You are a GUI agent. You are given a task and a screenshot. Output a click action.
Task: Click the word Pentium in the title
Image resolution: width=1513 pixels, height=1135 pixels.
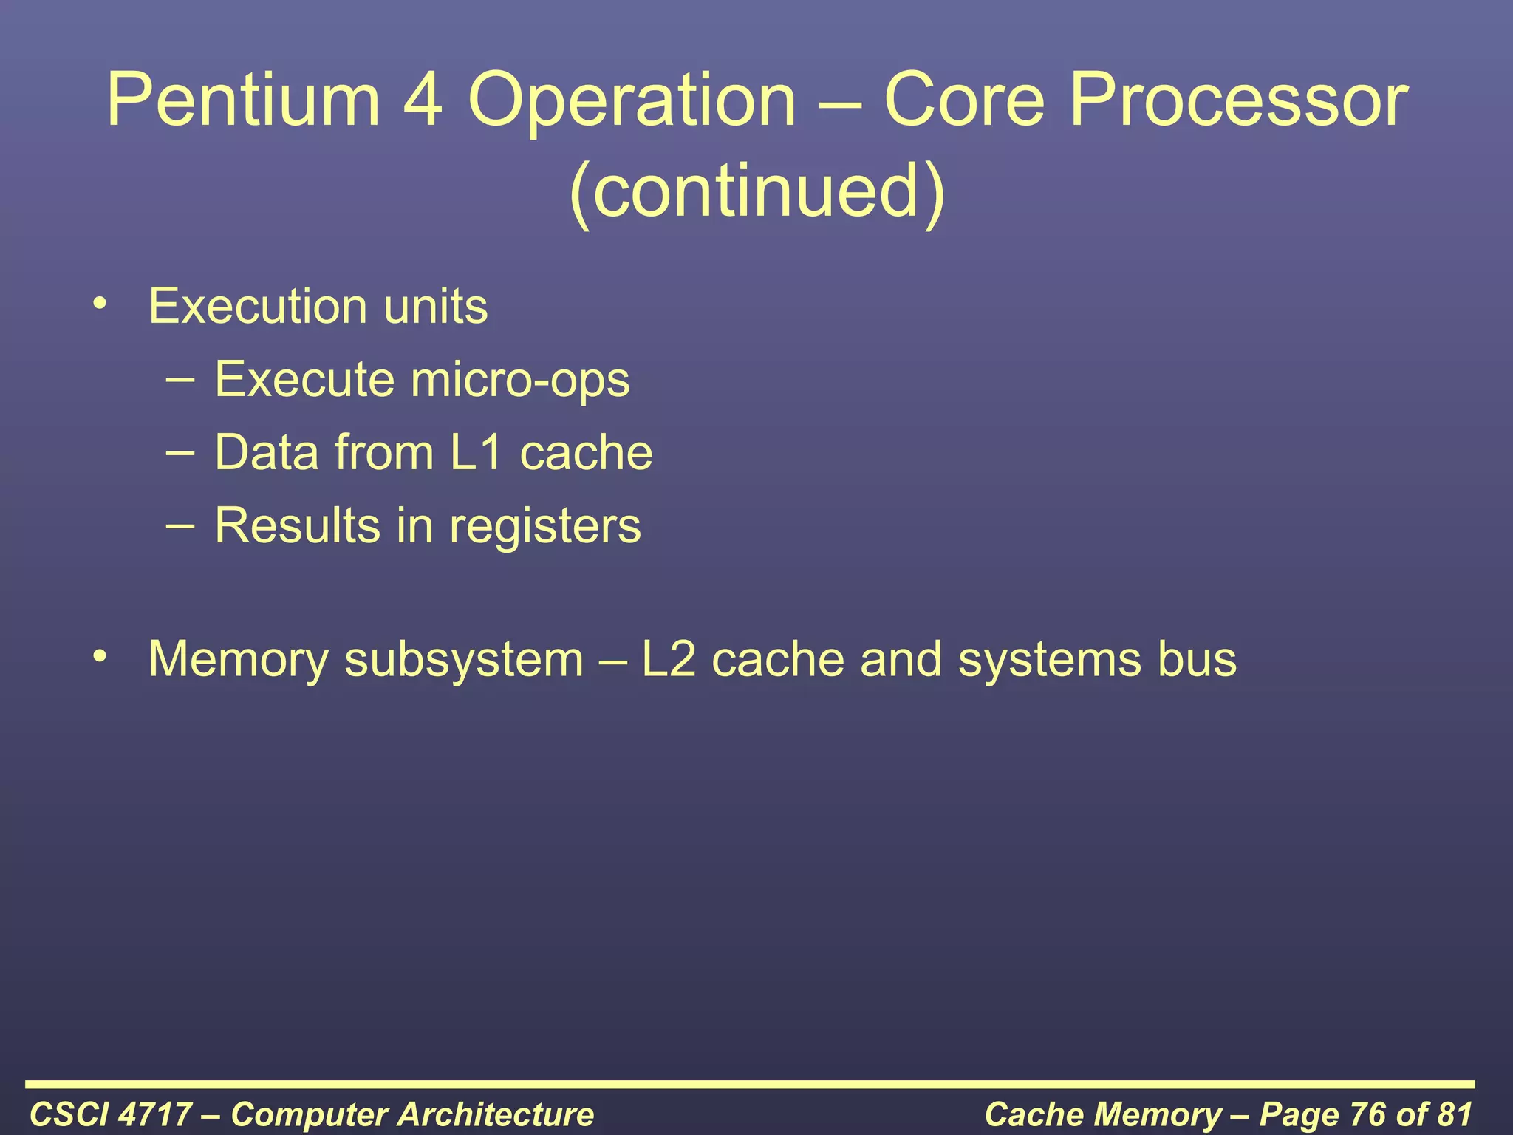[x=243, y=100]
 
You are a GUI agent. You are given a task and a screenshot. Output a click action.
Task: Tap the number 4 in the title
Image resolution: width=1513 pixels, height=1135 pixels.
[x=423, y=100]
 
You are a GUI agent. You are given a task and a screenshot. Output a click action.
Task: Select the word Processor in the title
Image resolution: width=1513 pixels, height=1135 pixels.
[x=1238, y=100]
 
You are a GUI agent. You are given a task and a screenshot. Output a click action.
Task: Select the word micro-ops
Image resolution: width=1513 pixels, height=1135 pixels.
[x=520, y=381]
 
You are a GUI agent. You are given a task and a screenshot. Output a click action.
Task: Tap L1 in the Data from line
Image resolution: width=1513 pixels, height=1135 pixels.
[x=477, y=452]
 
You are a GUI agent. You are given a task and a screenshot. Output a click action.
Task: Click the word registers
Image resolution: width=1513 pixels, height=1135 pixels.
[x=545, y=527]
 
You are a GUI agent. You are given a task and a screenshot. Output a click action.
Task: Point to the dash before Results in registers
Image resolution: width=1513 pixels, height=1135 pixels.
[x=181, y=525]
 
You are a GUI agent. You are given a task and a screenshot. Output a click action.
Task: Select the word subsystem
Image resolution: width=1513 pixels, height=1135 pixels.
[x=464, y=660]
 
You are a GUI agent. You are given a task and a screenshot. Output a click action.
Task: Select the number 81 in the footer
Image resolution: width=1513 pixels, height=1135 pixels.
[x=1453, y=1114]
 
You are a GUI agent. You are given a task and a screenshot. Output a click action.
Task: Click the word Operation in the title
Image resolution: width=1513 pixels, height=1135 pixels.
[x=632, y=100]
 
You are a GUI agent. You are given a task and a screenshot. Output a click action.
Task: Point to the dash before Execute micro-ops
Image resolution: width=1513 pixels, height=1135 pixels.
[x=181, y=378]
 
